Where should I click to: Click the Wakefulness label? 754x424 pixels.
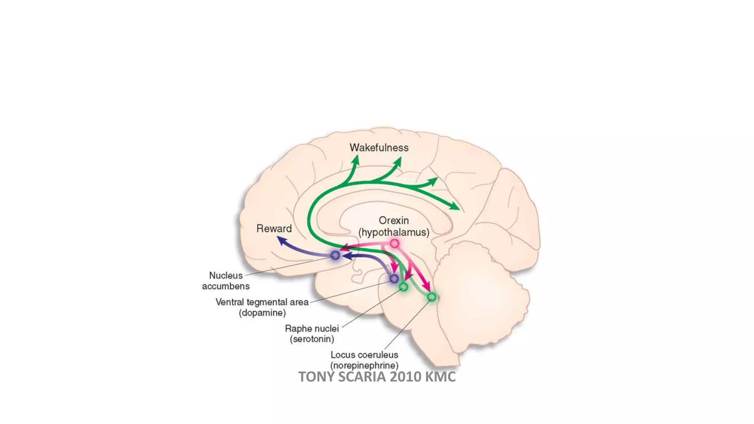(x=379, y=148)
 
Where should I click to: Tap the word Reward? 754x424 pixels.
(x=274, y=229)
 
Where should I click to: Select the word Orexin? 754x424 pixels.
(x=394, y=220)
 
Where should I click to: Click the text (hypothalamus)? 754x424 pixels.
(x=394, y=232)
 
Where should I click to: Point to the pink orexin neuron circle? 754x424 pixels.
(x=394, y=243)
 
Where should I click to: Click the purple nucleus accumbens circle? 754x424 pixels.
(x=335, y=255)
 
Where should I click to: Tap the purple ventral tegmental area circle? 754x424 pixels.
(x=394, y=278)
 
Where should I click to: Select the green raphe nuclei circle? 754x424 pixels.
(x=404, y=287)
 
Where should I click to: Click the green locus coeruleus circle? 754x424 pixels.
(x=432, y=297)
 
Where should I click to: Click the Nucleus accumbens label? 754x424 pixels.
(x=226, y=281)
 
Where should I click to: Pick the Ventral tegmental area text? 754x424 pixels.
(x=262, y=302)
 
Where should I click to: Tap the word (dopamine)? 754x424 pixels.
(x=262, y=313)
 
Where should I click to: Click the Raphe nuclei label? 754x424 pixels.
(x=312, y=328)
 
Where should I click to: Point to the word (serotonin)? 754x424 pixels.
(x=312, y=339)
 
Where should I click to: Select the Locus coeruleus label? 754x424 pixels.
(x=364, y=355)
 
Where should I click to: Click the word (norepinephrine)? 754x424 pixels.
(x=364, y=365)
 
